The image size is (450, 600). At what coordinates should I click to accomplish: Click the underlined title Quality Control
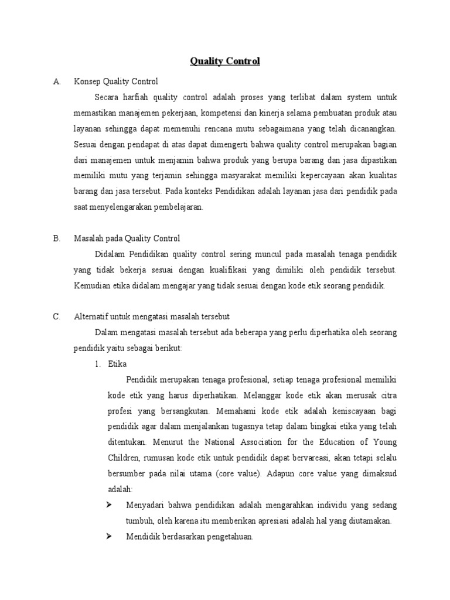225,61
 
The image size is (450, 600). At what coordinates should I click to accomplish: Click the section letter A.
57,81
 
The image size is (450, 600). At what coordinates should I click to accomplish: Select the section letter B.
57,238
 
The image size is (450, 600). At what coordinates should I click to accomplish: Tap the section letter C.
57,316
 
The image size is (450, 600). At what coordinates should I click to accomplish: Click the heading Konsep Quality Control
116,81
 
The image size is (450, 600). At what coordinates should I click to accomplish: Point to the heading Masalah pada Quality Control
127,238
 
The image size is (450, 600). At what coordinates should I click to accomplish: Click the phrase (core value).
224,473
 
